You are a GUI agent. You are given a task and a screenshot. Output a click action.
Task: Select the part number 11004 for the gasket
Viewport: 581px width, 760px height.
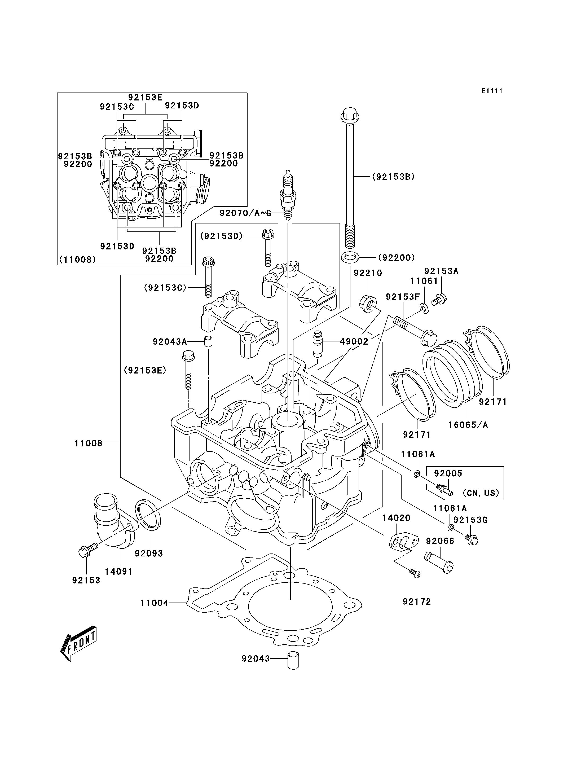(x=154, y=603)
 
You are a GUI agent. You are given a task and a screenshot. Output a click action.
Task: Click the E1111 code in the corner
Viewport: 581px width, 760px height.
(x=492, y=91)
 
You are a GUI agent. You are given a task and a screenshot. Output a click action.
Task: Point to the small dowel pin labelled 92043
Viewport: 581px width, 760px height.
(x=293, y=660)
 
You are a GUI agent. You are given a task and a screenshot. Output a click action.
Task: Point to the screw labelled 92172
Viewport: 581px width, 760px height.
(x=414, y=573)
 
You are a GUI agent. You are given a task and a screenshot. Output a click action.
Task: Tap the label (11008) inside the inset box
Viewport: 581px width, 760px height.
(x=77, y=259)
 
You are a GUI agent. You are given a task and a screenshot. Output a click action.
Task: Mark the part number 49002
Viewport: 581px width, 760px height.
(x=354, y=341)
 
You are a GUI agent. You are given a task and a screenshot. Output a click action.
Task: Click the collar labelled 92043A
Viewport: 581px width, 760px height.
(x=208, y=341)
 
